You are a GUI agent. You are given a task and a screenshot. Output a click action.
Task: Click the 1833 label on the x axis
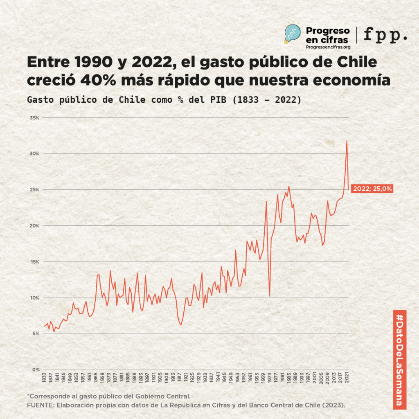point(44,377)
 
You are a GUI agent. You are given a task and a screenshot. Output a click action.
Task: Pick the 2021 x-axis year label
point(347,377)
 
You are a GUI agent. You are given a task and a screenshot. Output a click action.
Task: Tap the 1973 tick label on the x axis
point(270,377)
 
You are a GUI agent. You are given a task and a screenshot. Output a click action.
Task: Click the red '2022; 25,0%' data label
point(372,189)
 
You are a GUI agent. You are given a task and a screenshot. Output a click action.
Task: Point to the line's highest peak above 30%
point(347,141)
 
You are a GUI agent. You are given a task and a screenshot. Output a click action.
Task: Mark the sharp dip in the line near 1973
point(270,295)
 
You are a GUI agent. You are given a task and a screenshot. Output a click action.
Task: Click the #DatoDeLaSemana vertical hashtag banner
point(399,359)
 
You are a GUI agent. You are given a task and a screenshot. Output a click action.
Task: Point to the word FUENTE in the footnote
point(39,405)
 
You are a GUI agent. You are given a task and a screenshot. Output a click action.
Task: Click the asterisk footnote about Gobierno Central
point(109,396)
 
